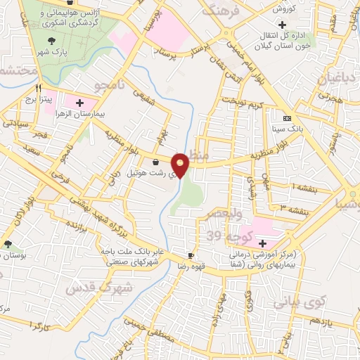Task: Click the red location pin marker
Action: tap(181, 165)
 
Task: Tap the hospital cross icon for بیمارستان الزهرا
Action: tap(79, 103)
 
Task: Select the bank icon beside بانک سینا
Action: tap(286, 118)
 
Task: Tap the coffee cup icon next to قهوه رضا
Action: tap(190, 255)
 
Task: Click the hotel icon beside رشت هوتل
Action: tap(155, 162)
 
